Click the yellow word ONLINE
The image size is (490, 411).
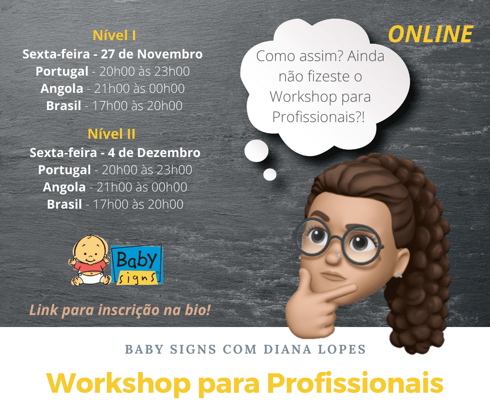coord(431,34)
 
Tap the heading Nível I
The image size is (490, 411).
coord(114,35)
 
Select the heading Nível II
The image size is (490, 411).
coord(112,134)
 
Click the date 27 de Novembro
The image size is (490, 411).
coord(152,54)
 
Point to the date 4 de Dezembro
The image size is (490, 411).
coord(154,153)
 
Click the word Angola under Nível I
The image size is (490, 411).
coord(62,89)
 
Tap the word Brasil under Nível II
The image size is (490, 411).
coord(64,204)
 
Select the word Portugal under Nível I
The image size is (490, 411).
coord(62,71)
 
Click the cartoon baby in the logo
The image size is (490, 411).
coord(90,260)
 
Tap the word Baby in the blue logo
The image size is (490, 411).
coord(136,259)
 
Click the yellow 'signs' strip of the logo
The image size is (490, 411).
coord(137,278)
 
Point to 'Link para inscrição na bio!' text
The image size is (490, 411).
coord(120,310)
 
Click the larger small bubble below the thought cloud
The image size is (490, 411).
coord(256,151)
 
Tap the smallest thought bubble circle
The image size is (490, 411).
coord(269,175)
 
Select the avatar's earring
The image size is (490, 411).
coord(398,275)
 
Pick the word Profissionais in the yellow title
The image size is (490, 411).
coord(356,383)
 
